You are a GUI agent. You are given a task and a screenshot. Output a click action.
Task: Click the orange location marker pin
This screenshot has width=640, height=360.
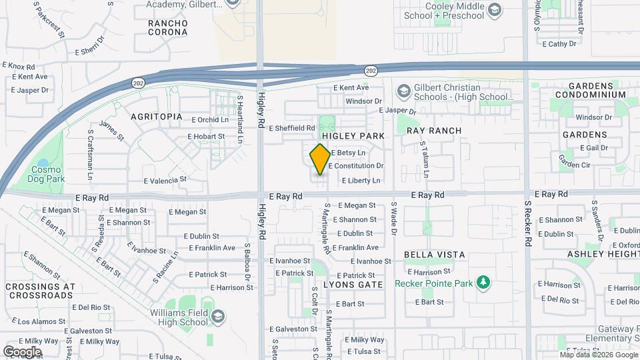click(x=320, y=159)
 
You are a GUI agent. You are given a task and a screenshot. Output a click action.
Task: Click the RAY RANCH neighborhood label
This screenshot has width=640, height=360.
click(x=434, y=131)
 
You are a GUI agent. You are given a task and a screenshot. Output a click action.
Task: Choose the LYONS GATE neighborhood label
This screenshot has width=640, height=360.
click(x=353, y=285)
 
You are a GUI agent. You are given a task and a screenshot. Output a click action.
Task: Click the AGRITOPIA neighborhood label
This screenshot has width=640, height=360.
click(x=157, y=117)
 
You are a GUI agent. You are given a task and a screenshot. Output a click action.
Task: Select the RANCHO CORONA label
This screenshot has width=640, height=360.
click(x=168, y=27)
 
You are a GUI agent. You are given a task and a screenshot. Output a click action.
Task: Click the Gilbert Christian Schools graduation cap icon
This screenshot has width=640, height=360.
click(x=403, y=90)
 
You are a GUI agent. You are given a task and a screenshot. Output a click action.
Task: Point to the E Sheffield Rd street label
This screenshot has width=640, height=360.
click(x=292, y=128)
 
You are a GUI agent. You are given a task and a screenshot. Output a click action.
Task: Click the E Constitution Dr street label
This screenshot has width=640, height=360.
click(x=355, y=166)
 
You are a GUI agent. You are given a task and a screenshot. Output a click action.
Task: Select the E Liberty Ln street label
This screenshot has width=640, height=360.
click(x=361, y=181)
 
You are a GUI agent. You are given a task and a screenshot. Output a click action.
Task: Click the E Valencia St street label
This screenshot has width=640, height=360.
click(x=165, y=180)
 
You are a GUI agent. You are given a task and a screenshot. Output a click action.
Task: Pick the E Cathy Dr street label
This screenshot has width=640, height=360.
click(x=559, y=45)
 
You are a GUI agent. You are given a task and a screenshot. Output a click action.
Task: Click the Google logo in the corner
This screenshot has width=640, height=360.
click(x=22, y=351)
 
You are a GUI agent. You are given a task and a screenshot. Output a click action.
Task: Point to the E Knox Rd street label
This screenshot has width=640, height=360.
click(x=19, y=66)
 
